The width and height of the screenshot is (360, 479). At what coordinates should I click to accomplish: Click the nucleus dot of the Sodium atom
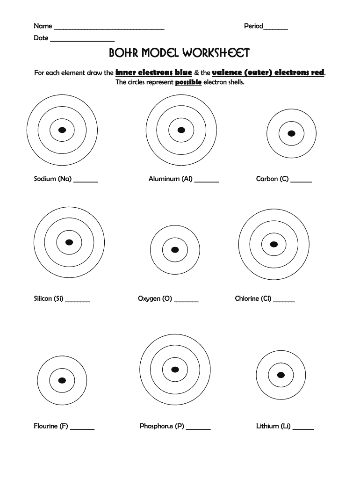click(x=62, y=130)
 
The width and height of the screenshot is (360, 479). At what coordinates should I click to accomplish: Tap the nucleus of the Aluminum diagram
click(x=181, y=130)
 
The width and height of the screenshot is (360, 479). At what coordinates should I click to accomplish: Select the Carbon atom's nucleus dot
click(x=291, y=133)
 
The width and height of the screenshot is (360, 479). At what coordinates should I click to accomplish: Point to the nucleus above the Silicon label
click(x=69, y=242)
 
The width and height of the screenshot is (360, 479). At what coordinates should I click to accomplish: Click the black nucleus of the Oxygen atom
click(x=175, y=249)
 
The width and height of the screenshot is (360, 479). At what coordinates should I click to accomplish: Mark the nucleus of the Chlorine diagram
click(x=274, y=244)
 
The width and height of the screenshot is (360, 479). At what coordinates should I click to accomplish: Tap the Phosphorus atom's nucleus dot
click(x=175, y=370)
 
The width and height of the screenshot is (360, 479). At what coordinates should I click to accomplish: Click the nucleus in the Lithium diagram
click(x=281, y=374)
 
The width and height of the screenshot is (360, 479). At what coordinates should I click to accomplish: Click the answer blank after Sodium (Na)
click(x=86, y=181)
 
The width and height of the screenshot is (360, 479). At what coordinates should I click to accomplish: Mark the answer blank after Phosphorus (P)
click(x=198, y=428)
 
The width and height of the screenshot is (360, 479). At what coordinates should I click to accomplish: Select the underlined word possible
click(x=188, y=82)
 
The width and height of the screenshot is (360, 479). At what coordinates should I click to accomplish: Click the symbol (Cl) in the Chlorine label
click(x=266, y=298)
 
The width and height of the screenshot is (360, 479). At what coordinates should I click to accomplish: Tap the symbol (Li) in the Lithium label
click(x=286, y=426)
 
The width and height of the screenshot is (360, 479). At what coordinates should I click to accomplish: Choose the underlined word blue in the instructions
click(x=180, y=73)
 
